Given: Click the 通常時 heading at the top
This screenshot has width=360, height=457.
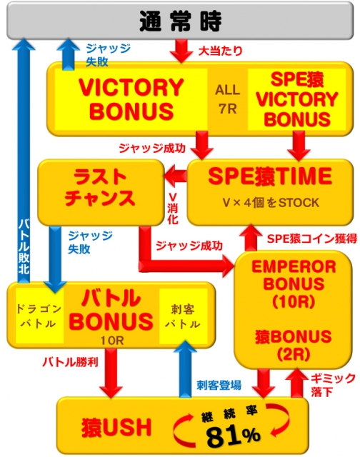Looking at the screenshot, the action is [x=181, y=21].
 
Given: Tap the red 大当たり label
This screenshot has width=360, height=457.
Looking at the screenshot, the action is [x=221, y=51].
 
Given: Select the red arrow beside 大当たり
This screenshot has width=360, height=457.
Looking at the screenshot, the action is [x=181, y=51].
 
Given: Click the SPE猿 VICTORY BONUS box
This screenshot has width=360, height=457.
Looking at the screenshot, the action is [x=296, y=99].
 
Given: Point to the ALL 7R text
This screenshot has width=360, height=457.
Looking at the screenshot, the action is [x=228, y=99].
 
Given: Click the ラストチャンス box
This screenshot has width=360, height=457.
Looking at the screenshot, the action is [x=101, y=193].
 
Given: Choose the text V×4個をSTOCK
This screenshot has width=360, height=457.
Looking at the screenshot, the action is [x=271, y=203].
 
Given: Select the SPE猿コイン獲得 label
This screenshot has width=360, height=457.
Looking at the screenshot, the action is [x=312, y=238].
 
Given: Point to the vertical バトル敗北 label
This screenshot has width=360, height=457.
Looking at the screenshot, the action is [x=24, y=246].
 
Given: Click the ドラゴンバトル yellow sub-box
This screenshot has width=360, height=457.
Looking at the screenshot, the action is [x=39, y=316].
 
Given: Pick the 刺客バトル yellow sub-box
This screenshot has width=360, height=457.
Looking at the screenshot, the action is [x=183, y=316].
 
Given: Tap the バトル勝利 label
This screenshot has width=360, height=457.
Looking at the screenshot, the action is [x=70, y=362].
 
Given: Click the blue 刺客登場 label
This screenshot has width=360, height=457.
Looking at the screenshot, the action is [x=219, y=385].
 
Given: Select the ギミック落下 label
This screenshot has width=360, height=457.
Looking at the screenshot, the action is [x=333, y=385].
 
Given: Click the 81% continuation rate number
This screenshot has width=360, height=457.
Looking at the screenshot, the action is [x=233, y=435].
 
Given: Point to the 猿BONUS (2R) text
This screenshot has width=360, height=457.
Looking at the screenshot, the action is [x=294, y=345].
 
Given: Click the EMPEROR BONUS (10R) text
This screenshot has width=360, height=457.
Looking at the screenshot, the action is [x=294, y=284].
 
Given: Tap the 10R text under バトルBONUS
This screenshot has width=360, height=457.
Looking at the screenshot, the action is [x=112, y=340].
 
